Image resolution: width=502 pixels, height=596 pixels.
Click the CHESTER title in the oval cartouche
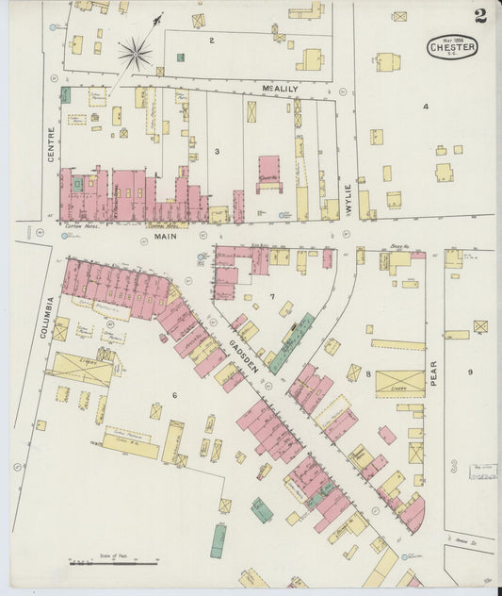tap(452, 46)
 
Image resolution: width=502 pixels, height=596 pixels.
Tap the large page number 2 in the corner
tap(480, 15)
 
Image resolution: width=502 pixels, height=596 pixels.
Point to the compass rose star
tap(135, 53)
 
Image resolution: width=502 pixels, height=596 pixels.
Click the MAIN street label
tap(166, 238)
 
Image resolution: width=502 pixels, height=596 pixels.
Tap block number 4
tap(425, 107)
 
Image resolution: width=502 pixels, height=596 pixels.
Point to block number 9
tap(470, 372)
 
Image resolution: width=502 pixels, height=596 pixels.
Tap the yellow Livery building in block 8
tap(399, 383)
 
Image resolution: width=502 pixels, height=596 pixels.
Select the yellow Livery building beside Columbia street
tap(82, 368)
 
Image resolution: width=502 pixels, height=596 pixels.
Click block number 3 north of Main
tap(217, 150)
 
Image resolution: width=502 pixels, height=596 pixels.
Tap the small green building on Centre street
tap(66, 94)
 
